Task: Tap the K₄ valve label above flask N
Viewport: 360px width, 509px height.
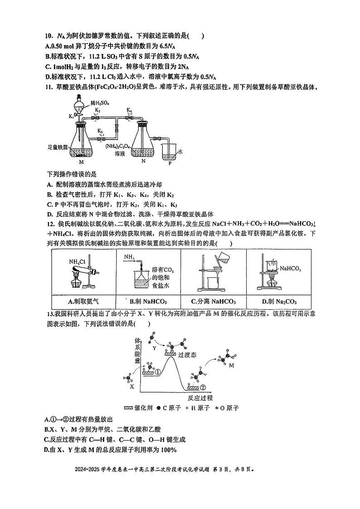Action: (x=129, y=110)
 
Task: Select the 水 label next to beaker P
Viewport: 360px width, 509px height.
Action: (x=180, y=152)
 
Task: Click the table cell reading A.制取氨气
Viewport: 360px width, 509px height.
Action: (x=83, y=301)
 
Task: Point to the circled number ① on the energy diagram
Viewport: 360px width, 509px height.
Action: (x=158, y=372)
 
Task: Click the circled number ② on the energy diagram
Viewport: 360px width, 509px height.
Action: (x=203, y=388)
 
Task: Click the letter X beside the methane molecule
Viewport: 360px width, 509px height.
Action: (x=132, y=387)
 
